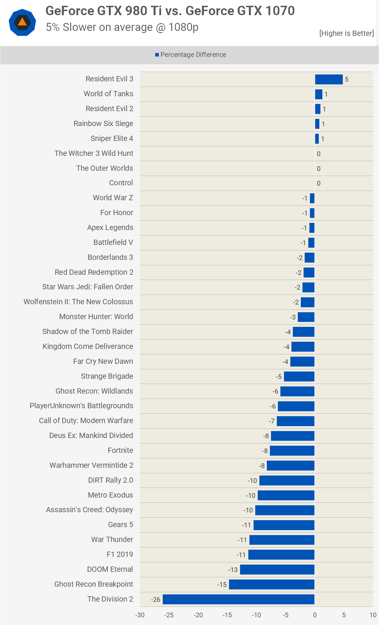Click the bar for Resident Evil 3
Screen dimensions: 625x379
(x=329, y=79)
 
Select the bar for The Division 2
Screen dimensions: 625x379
(x=238, y=599)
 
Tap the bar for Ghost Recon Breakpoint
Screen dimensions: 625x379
(x=272, y=584)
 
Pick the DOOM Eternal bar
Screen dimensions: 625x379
(x=277, y=570)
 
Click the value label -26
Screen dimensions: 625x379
(x=156, y=600)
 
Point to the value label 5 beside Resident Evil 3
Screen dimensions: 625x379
(x=347, y=80)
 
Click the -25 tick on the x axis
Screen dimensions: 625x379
(x=169, y=615)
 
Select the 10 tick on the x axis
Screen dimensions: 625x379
(x=373, y=615)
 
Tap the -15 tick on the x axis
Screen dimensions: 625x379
(x=227, y=615)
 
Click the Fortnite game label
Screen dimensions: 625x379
(x=120, y=450)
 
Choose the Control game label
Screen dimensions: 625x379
(x=121, y=183)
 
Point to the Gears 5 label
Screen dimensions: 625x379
(x=120, y=525)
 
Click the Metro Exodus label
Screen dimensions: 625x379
(x=110, y=495)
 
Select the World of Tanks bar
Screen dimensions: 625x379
(x=319, y=94)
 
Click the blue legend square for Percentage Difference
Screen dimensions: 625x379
(x=157, y=55)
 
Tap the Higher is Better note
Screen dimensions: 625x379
(x=346, y=33)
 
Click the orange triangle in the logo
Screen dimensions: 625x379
(x=22, y=22)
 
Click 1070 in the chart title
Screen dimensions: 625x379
(x=280, y=11)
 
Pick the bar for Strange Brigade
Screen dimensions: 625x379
(x=299, y=376)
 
